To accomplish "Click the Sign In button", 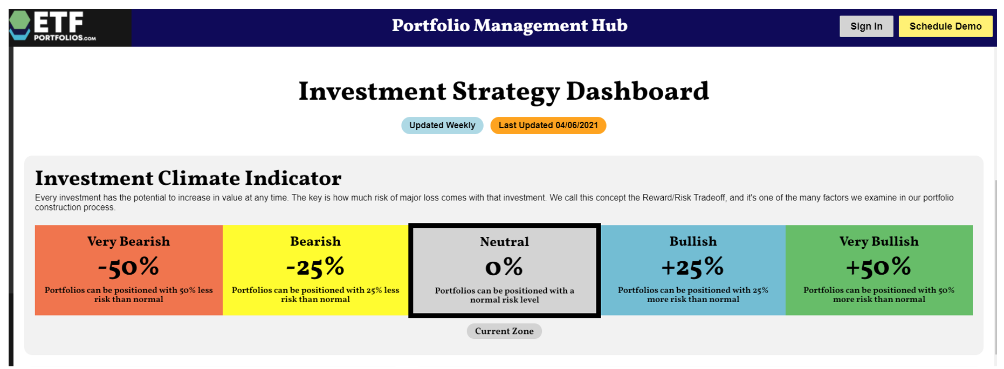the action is [x=866, y=26].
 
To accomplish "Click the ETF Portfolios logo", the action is [x=53, y=26].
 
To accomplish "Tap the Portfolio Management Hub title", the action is [x=510, y=26].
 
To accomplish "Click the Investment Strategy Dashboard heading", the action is [x=504, y=92].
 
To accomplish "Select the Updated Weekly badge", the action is [x=442, y=126].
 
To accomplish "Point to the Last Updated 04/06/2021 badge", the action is [x=548, y=126].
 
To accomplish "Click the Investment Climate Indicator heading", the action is [x=188, y=178].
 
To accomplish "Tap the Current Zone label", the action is [x=504, y=331].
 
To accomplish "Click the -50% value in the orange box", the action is [x=128, y=267].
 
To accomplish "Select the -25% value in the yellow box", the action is [x=315, y=267].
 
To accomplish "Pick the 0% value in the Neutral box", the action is [x=504, y=267].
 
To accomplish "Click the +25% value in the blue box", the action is [x=693, y=267].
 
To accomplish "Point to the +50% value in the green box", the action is [x=879, y=267].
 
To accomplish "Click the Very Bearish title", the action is [x=128, y=241].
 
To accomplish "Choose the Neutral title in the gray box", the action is [x=504, y=242].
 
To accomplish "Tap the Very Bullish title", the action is [x=879, y=241].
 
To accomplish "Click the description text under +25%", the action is [x=693, y=295].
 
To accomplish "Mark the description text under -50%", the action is [x=128, y=295].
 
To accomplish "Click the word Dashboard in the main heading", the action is [x=637, y=92].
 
